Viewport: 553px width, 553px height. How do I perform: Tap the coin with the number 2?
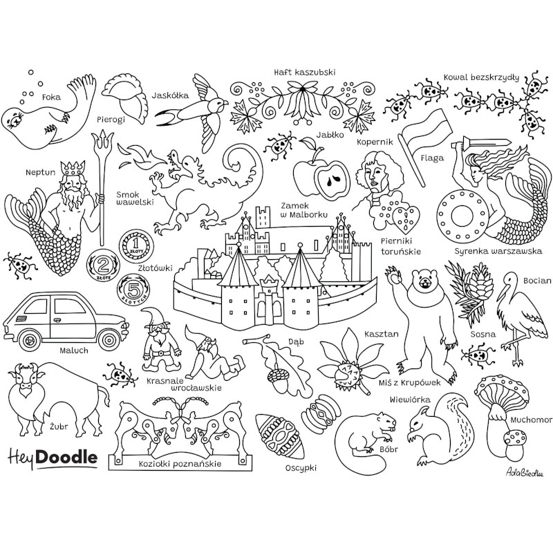pos(104,265)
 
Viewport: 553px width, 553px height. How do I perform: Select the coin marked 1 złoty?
pos(136,245)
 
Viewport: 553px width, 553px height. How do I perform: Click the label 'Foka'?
pos(51,97)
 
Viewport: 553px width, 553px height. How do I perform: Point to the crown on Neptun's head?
pos(73,168)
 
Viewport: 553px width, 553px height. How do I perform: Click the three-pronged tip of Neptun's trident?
pos(102,142)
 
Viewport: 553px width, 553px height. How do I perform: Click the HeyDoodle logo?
pos(53,458)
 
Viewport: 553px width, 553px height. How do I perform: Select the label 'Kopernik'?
pos(375,142)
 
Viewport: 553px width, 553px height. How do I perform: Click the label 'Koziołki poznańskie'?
pos(180,464)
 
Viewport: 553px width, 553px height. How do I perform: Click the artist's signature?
pos(525,473)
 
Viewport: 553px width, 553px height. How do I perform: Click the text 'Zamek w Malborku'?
pos(304,210)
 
